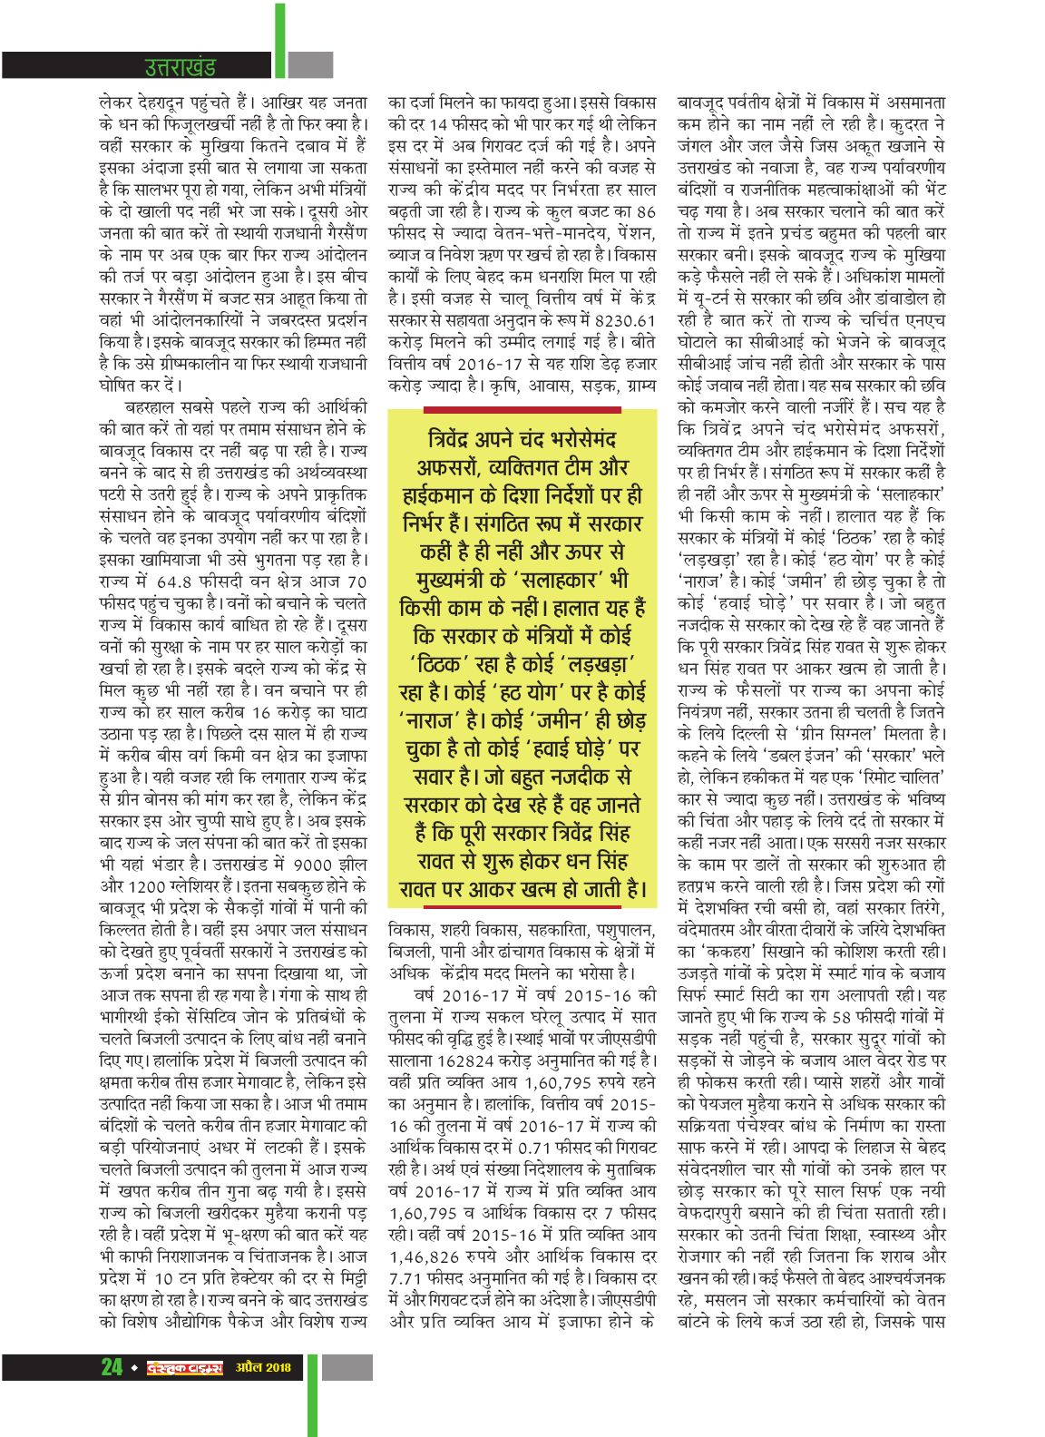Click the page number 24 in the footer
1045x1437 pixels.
pos(111,1366)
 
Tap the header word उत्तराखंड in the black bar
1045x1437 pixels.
pos(181,66)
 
